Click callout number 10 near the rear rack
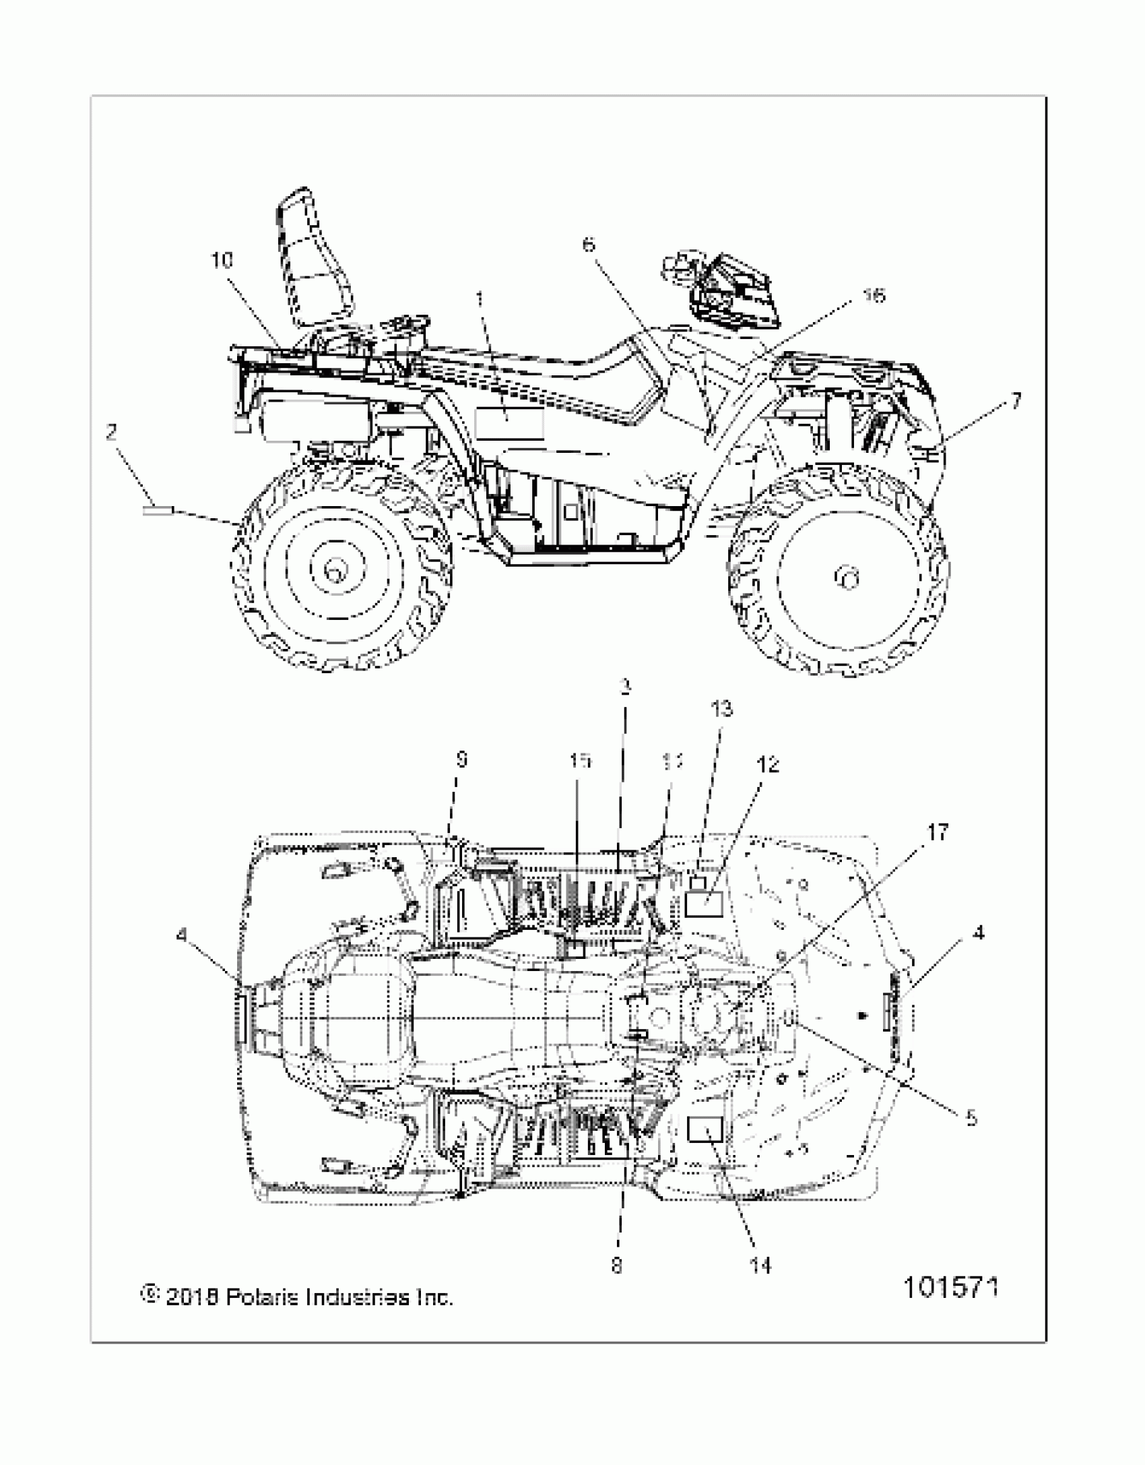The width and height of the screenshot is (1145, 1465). pos(222,260)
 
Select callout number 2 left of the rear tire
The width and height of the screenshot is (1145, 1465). pos(112,432)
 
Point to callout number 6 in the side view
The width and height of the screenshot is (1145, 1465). pos(589,244)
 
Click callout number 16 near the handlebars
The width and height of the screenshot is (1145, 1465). pos(874,295)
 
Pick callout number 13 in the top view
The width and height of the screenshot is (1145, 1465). pos(721,709)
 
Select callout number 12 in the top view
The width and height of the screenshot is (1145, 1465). pos(768,764)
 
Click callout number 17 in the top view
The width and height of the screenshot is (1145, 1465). pos(938,832)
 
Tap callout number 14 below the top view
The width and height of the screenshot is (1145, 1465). pos(761,1266)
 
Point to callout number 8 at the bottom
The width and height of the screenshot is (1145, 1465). pos(617,1266)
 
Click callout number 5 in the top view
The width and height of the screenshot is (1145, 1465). pos(971,1118)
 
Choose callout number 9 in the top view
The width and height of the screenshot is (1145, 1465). pos(461,760)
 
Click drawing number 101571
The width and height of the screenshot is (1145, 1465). pos(950,1288)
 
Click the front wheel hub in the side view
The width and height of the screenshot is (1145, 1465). pos(847,578)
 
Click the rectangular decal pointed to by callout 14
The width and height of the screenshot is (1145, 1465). pos(705,1129)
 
